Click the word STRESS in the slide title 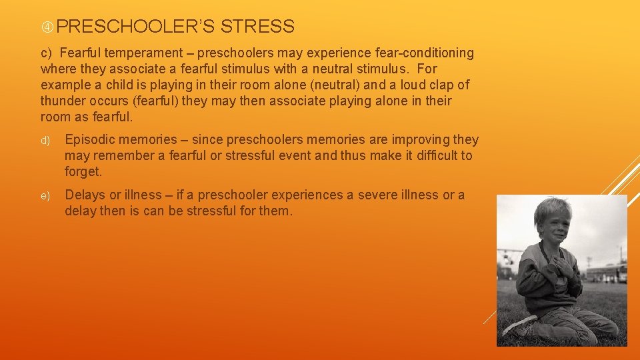(257, 27)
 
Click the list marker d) (45, 141)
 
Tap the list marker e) (45, 196)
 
